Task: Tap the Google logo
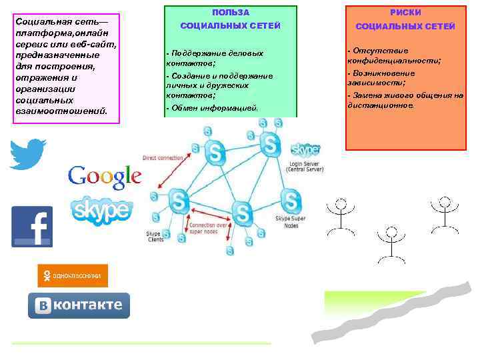[105, 176]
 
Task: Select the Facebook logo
[32, 226]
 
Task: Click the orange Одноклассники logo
[72, 275]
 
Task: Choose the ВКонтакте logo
[79, 305]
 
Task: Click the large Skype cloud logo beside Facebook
[101, 211]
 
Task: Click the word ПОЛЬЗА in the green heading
[231, 13]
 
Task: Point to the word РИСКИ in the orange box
[405, 13]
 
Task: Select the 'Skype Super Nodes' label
[291, 222]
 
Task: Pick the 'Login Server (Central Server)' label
[305, 167]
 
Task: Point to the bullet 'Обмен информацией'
[214, 107]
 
